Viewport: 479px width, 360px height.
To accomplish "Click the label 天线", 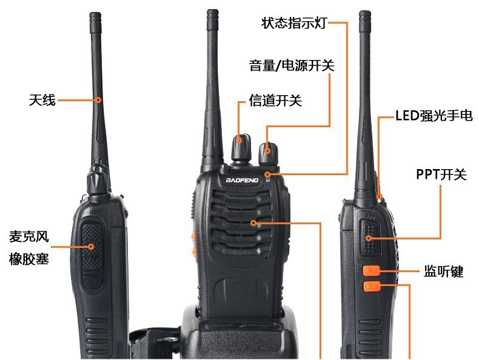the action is point(42,100).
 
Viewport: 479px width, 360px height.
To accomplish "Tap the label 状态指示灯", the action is point(295,23).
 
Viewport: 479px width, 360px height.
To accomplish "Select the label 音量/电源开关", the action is point(292,65).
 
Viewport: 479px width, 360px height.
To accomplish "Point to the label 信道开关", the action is point(275,101).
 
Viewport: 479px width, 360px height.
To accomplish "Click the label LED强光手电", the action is point(434,116).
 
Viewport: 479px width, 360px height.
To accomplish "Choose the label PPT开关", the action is point(441,175).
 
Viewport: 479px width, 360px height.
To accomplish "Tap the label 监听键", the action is point(444,271).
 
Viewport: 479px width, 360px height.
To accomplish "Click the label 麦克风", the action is point(28,236).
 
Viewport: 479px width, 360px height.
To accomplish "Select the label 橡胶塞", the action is point(28,259).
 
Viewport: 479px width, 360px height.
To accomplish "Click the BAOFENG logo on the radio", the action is point(243,180).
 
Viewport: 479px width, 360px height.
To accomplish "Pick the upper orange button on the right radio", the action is point(372,270).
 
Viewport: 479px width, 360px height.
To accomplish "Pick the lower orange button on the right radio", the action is point(372,287).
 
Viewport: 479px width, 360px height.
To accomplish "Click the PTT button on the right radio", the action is point(370,238).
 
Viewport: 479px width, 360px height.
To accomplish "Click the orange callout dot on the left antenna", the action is point(98,100).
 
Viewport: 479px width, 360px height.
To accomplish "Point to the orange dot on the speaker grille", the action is point(253,223).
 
